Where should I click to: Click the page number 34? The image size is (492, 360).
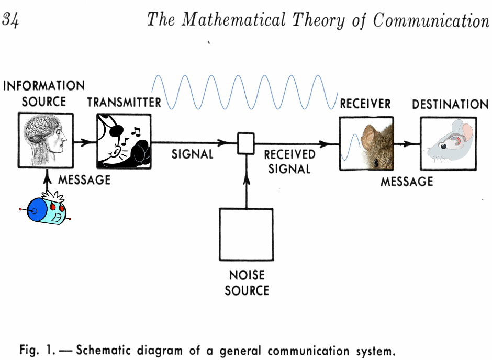point(11,20)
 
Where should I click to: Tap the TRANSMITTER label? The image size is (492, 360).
point(124,102)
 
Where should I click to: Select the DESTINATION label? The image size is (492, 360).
point(450,104)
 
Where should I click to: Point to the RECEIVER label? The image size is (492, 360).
point(365,104)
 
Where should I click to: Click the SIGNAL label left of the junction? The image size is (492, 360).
point(192,154)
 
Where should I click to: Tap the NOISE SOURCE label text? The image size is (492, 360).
point(247,283)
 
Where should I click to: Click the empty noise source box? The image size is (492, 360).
point(246,234)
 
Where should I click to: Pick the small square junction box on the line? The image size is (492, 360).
point(245,143)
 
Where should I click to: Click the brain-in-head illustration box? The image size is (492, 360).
point(45,141)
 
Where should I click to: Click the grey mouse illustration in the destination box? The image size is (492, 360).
point(449,143)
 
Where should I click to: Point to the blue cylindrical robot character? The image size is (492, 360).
point(46,210)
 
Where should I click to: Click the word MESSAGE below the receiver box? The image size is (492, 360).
point(407,182)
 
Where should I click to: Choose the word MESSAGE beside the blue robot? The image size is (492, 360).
point(84,180)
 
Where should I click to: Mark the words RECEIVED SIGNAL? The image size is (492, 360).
point(289,162)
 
